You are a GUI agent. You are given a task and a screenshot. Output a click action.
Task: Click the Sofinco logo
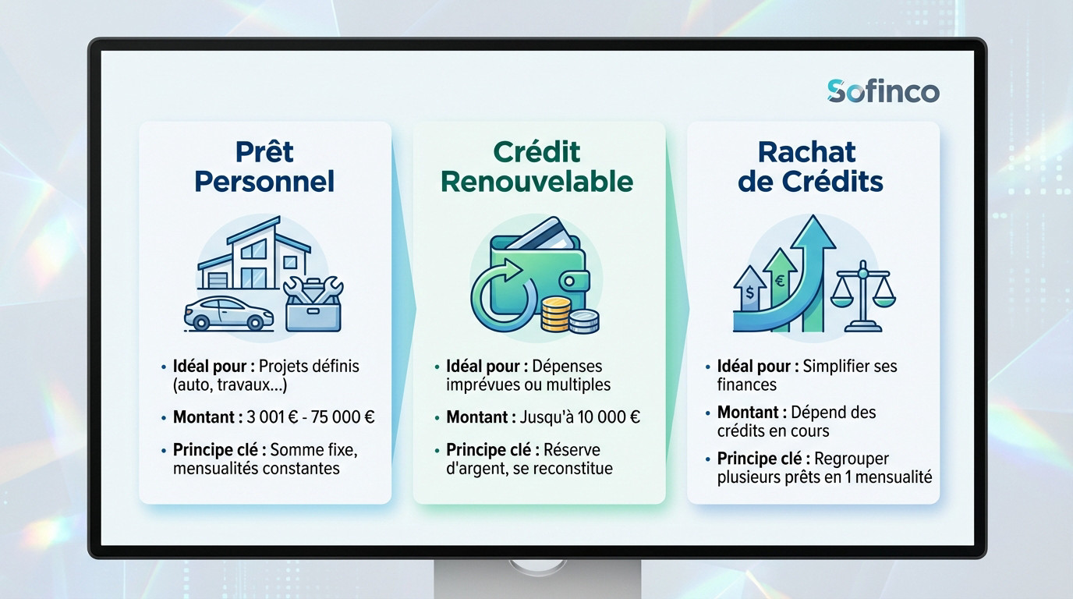pyautogui.click(x=883, y=92)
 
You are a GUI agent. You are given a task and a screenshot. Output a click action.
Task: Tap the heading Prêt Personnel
pyautogui.click(x=264, y=166)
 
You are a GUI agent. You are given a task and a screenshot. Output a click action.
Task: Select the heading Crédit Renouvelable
pyautogui.click(x=536, y=166)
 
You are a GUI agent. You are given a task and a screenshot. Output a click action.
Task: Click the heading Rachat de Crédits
pyautogui.click(x=810, y=166)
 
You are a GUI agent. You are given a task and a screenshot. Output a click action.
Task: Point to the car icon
pyautogui.click(x=228, y=312)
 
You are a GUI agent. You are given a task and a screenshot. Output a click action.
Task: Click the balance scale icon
pyautogui.click(x=863, y=296)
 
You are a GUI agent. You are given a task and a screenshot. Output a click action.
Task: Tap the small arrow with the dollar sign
pyautogui.click(x=750, y=293)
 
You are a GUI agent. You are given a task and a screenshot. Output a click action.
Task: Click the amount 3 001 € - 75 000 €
pyautogui.click(x=310, y=417)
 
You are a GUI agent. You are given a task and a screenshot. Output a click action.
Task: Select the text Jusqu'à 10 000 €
pyautogui.click(x=580, y=417)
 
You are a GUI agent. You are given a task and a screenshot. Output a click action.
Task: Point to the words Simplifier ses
pyautogui.click(x=850, y=366)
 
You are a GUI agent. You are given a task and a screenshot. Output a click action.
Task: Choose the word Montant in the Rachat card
pyautogui.click(x=747, y=412)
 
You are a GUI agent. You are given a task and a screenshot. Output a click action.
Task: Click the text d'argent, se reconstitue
pyautogui.click(x=529, y=469)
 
